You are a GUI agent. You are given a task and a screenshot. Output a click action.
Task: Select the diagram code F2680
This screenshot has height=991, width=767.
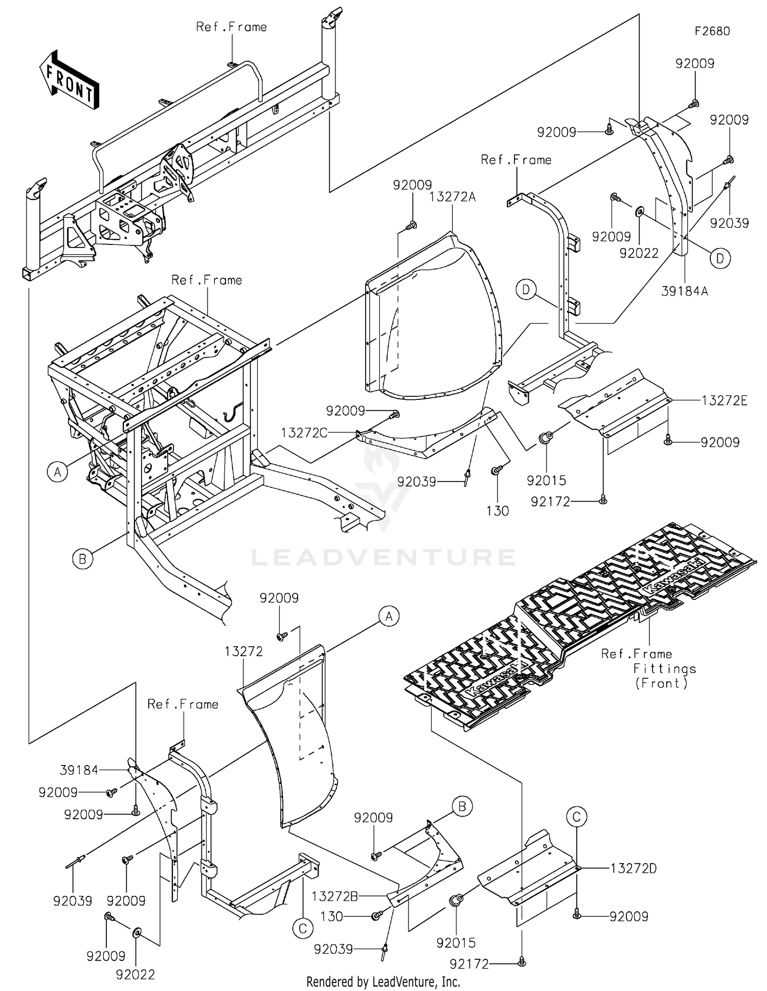click(x=712, y=31)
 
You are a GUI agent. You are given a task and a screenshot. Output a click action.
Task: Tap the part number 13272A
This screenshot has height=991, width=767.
click(x=453, y=197)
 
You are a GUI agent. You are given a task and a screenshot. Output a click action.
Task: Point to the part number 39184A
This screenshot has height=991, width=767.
click(x=685, y=291)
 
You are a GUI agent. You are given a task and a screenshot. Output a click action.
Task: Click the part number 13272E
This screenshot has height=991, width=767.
click(x=725, y=400)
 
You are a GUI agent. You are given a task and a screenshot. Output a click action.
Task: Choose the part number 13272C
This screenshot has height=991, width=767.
click(x=304, y=433)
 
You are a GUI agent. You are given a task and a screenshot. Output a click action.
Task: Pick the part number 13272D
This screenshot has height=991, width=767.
click(x=634, y=868)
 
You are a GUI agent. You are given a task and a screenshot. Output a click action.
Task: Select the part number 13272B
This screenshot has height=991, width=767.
click(x=335, y=896)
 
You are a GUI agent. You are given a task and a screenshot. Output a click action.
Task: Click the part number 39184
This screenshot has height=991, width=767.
click(x=79, y=770)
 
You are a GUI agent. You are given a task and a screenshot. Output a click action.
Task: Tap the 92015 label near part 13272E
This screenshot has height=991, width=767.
click(x=547, y=480)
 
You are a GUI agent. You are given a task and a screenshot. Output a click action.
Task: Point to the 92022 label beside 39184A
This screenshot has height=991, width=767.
click(x=639, y=253)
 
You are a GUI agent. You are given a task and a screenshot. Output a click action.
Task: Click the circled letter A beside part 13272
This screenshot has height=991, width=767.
click(x=389, y=617)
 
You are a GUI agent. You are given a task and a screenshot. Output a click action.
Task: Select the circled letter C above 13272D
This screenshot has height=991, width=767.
click(x=576, y=817)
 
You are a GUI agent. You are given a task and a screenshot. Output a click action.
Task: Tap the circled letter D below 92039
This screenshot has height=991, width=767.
click(x=720, y=258)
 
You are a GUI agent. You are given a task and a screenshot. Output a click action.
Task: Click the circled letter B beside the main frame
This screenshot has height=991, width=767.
click(x=83, y=559)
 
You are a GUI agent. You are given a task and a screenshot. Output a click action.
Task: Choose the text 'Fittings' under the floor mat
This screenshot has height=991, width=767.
click(x=665, y=668)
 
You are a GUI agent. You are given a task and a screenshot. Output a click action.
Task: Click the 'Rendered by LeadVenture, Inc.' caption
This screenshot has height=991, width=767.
click(x=383, y=981)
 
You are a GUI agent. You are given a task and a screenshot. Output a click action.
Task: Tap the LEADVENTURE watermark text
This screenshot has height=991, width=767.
click(x=383, y=557)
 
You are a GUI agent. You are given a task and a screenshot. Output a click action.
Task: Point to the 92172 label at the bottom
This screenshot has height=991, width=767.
click(x=469, y=964)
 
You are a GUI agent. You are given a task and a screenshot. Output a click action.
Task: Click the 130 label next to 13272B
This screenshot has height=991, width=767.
click(x=331, y=916)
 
